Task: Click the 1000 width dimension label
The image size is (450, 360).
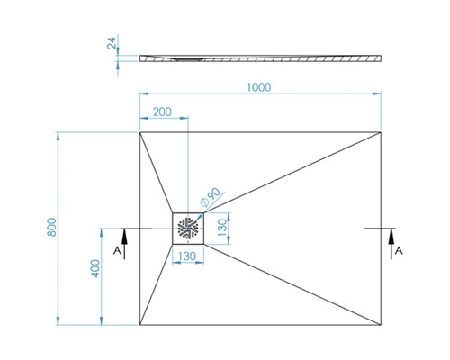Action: pos(258,86)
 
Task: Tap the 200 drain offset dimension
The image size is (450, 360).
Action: pos(162,112)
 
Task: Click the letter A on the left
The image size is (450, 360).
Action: pos(117,251)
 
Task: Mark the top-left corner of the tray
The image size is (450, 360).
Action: pos(140,133)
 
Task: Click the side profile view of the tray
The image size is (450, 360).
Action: pos(261,56)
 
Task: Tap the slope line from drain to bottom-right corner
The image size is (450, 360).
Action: pos(297,283)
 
